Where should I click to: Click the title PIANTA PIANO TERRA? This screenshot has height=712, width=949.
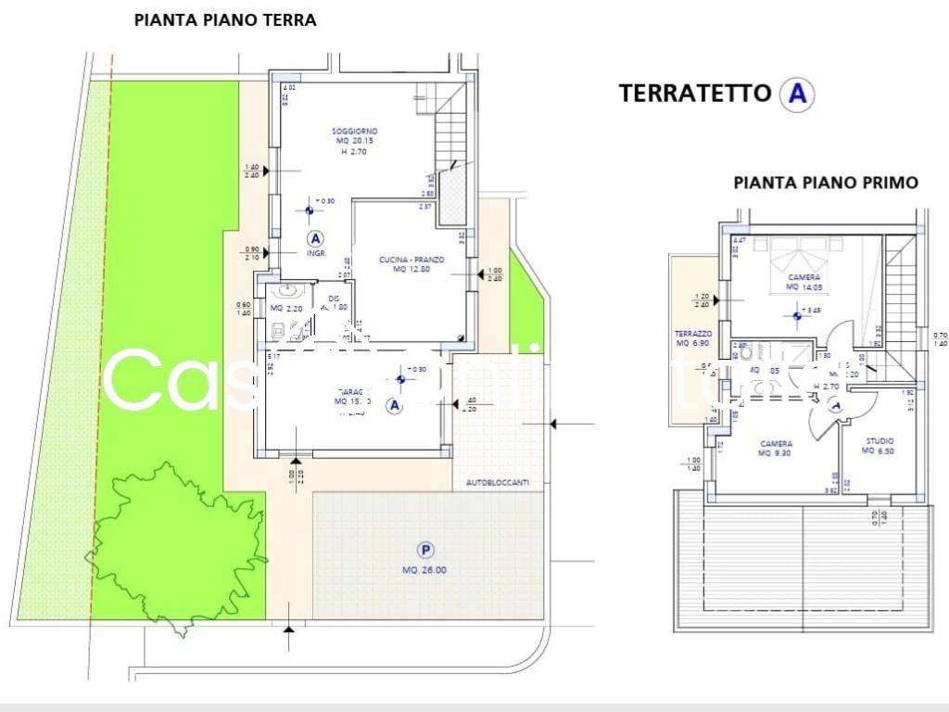225,20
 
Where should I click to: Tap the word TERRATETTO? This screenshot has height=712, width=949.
695,93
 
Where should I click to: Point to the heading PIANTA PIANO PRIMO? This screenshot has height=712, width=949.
826,183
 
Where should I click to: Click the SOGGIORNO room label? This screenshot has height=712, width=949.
355,132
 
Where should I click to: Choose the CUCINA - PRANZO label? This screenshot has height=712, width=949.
411,260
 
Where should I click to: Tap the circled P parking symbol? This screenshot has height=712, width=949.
425,549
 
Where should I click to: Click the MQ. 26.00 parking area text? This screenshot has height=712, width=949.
424,570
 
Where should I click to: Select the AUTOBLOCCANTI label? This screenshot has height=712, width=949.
503,483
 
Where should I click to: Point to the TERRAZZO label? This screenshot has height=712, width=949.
692,333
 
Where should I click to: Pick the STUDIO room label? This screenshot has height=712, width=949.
879,441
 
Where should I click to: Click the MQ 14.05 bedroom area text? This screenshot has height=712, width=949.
804,287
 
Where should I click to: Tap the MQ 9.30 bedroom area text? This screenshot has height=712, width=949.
777,453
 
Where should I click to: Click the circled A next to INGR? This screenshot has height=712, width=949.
316,238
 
